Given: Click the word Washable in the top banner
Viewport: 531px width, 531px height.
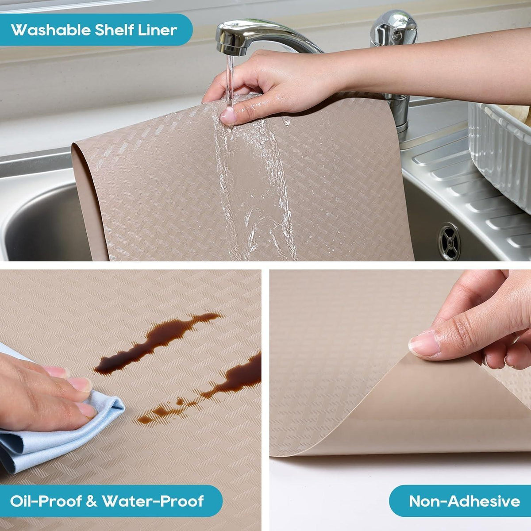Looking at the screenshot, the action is pos(51,30).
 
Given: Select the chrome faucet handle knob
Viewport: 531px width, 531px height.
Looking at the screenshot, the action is pos(393,28).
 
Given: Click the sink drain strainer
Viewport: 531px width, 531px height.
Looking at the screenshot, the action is pos(449,242).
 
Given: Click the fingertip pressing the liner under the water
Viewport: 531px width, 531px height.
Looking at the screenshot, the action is pos(228,116).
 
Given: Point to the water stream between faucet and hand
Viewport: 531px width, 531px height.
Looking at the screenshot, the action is pos(230,80).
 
